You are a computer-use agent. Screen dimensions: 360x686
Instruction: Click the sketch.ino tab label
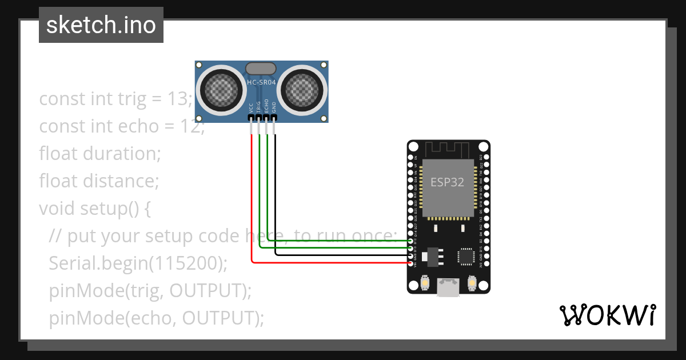tap(101, 25)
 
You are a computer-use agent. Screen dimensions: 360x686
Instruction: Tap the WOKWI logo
tap(607, 315)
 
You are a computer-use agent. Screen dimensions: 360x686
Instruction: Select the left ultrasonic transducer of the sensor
tap(220, 89)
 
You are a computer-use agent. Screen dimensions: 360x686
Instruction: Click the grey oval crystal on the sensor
tap(262, 69)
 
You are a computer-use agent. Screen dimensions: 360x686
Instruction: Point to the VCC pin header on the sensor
tap(251, 118)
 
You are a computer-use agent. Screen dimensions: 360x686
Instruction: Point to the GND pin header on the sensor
tap(274, 118)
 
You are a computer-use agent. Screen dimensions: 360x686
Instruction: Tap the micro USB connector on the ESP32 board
tap(449, 287)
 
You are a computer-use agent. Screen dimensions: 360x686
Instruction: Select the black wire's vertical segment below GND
tap(274, 194)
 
